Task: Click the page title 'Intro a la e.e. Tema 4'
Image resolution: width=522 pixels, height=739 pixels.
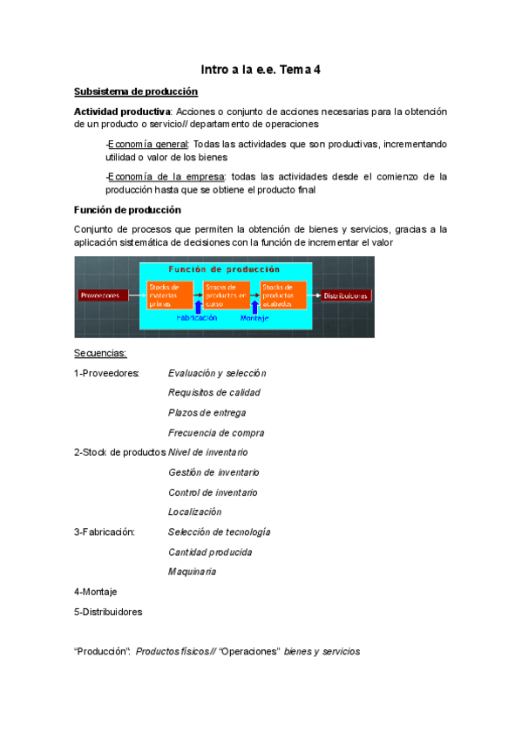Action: point(261,69)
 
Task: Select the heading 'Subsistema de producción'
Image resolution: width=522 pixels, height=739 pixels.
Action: point(136,92)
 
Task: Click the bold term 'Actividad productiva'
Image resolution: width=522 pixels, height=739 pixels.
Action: point(122,112)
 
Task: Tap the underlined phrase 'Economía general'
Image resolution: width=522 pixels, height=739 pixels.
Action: point(148,144)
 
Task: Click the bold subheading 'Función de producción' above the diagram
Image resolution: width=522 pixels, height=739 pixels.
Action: point(127,209)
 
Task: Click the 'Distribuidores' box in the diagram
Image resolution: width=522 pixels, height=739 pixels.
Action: point(347,295)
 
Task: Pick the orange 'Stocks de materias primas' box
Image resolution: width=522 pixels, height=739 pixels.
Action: point(170,295)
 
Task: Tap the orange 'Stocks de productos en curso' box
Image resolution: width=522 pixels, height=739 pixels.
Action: point(226,295)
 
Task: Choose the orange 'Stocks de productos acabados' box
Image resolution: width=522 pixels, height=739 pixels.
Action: point(283,295)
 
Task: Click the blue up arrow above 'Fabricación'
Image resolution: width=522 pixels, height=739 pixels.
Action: point(199,307)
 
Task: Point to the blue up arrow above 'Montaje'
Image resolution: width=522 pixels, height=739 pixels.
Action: point(254,307)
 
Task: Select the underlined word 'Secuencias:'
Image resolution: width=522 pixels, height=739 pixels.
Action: point(100,353)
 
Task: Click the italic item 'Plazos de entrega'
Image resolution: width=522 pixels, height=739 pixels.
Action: point(207,412)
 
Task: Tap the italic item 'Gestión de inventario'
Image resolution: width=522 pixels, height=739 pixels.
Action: point(214,472)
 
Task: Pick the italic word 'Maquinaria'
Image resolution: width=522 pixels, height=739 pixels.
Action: point(192,572)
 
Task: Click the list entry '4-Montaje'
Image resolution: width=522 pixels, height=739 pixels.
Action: point(96,592)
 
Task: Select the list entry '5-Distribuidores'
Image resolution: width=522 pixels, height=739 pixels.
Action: point(108,612)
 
